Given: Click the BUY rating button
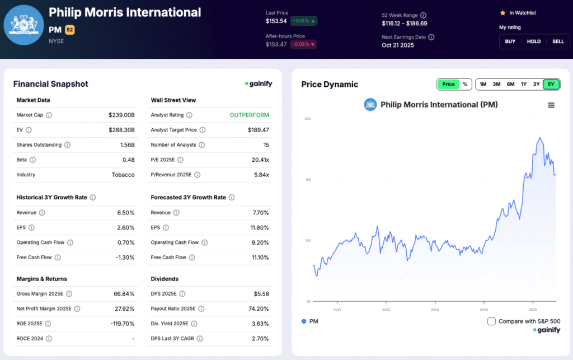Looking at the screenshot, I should [510, 41].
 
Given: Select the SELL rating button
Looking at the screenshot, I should [558, 41].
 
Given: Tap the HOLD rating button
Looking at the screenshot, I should [534, 41].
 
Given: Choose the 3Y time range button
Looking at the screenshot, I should [536, 84].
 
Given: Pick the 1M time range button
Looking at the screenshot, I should [483, 84].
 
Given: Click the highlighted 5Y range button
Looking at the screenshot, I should [551, 84].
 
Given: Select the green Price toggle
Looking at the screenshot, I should [448, 84].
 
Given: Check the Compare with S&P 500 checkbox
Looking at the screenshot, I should [491, 321].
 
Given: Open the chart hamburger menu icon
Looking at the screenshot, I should [551, 105].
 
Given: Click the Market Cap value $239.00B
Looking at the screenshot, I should [121, 115].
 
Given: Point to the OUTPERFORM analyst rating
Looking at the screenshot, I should [249, 115].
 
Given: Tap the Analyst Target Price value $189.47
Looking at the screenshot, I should [258, 130].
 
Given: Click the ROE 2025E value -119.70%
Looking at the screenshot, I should [121, 324].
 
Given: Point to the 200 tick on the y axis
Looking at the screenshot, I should [307, 119].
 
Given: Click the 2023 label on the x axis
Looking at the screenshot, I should [435, 309].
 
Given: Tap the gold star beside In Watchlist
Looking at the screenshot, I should [502, 12].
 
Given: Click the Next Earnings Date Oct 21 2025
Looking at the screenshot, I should [398, 45].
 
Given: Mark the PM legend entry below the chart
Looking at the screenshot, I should [309, 321].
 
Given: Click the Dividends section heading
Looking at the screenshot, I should [165, 279].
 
